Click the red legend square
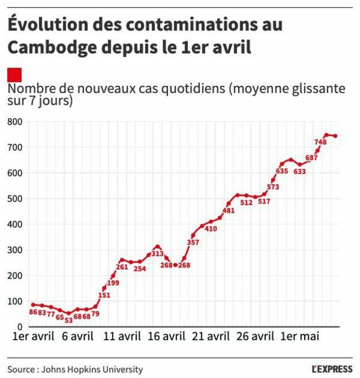[x=15, y=74]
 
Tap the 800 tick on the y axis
[x=14, y=121]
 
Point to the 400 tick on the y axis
[x=14, y=224]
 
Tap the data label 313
[x=157, y=254]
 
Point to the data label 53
[x=69, y=320]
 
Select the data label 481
[x=228, y=211]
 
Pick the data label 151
[x=103, y=295]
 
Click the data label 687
[x=311, y=158]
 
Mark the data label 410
[x=211, y=229]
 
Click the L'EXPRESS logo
[x=332, y=369]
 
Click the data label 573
[x=273, y=187]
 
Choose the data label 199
[x=113, y=283]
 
